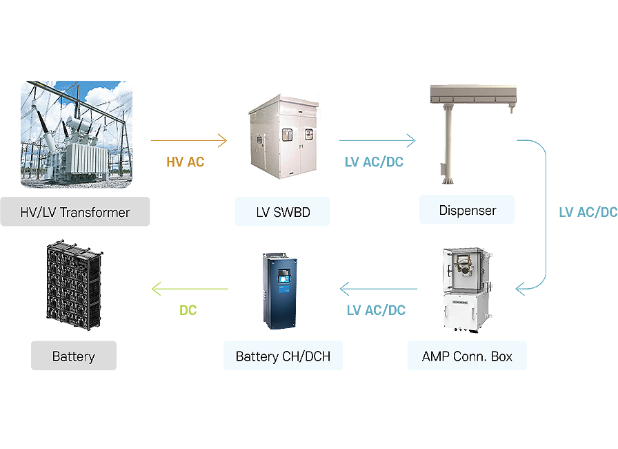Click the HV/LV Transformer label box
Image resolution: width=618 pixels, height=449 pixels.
(75, 211)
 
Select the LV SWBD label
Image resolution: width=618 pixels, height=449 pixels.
(283, 211)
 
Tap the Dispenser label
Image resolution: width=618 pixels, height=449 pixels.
(467, 209)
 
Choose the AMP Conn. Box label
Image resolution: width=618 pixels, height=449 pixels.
(467, 356)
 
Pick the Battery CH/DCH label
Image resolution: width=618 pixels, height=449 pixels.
(283, 356)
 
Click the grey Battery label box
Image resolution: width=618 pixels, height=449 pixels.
(74, 356)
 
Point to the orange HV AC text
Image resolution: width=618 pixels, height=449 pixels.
(186, 162)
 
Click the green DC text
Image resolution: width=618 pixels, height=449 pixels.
(188, 310)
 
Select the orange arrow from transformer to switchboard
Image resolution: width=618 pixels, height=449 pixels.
(189, 140)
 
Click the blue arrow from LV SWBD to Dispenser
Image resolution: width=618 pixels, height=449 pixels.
(377, 140)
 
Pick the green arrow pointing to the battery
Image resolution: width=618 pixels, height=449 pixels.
(190, 289)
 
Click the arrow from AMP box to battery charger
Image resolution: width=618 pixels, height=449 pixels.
(379, 289)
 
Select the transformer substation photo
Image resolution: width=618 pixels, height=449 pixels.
(77, 135)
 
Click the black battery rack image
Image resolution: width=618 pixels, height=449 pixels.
(74, 285)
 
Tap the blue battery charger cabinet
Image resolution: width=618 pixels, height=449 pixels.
(280, 291)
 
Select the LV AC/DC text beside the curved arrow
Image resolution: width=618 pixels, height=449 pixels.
(588, 212)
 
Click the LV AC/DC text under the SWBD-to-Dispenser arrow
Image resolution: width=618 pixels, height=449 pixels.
(374, 162)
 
